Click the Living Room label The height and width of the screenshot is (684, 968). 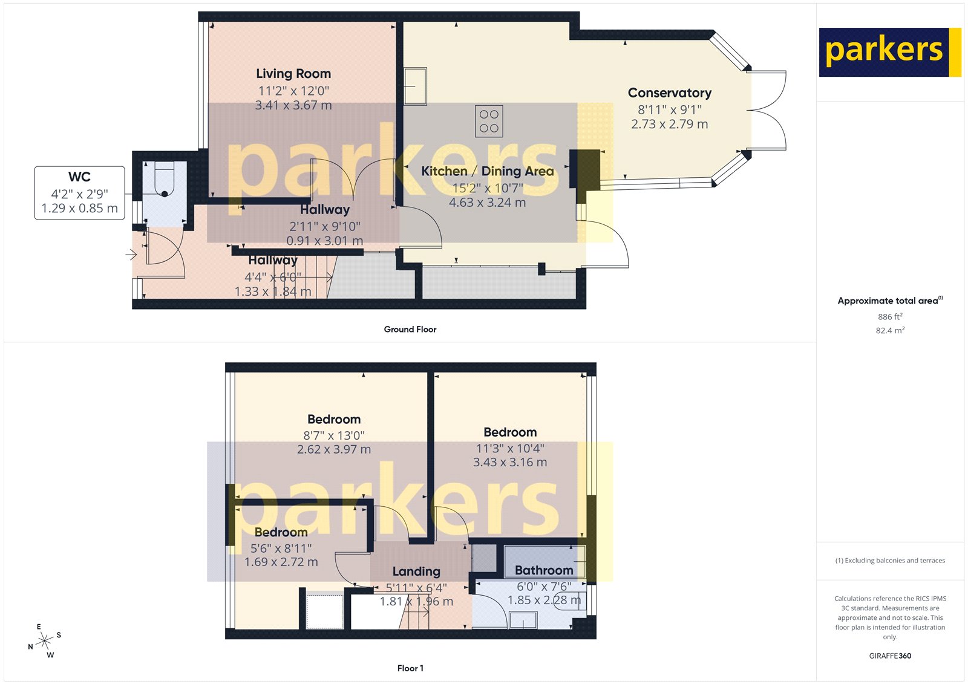tap(293, 74)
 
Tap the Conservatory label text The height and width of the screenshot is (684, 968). tap(669, 93)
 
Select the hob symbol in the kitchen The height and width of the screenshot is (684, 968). tap(489, 121)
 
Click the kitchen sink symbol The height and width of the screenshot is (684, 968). tap(415, 86)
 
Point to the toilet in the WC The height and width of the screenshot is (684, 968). tap(164, 181)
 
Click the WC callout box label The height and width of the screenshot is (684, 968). tap(79, 177)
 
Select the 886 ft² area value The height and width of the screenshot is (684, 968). tap(890, 317)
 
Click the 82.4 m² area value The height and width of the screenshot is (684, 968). tap(890, 331)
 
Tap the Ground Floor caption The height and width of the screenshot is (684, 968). tap(410, 330)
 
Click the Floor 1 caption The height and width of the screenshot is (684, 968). tap(410, 668)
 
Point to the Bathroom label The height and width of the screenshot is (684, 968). tap(544, 570)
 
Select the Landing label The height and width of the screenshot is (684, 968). tap(416, 572)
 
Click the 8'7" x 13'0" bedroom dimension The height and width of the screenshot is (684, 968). tap(334, 435)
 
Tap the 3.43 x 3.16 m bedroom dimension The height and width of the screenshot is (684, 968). tap(510, 463)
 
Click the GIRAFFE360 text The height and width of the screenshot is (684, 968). tap(890, 656)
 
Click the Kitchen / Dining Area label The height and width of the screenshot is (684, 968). tap(488, 172)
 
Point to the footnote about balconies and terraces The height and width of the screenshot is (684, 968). tap(890, 561)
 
